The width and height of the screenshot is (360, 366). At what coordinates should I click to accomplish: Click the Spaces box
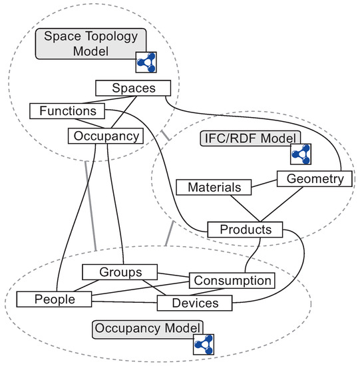[x=134, y=88]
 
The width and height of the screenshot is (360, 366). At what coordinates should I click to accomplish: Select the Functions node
[x=67, y=110]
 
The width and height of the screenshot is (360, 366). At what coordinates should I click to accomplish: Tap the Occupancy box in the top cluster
[x=106, y=136]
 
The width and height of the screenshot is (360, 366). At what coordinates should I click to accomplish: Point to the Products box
[x=245, y=230]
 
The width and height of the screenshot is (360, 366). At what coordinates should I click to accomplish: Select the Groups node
[x=120, y=272]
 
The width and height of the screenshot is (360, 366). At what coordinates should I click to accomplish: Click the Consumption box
[x=232, y=280]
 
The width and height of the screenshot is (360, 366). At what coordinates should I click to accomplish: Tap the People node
[x=55, y=299]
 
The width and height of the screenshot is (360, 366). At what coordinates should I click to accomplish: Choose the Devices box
[x=195, y=303]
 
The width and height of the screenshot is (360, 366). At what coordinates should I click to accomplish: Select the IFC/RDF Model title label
[x=249, y=138]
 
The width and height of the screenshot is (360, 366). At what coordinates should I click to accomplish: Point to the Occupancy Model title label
[x=148, y=328]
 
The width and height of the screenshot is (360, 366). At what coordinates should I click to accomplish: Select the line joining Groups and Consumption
[x=174, y=275]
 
